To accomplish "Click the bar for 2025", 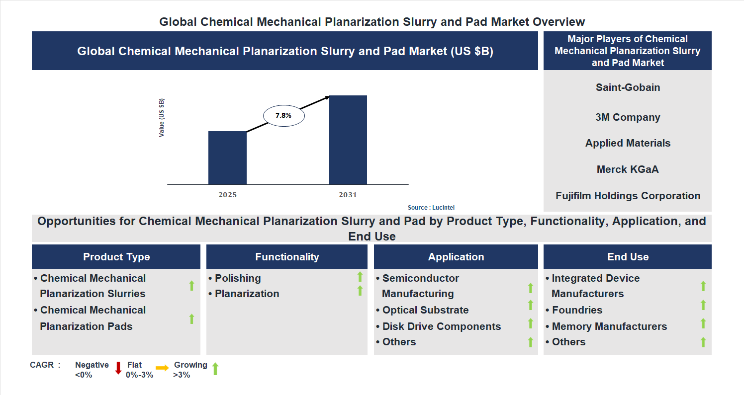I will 227,158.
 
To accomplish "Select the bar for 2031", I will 348,140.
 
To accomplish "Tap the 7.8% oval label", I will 283,115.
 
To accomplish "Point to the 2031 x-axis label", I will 348,195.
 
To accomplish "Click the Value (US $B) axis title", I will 162,118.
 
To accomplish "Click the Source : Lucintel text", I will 431,207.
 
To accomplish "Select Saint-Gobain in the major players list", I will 628,87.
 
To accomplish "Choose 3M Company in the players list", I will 628,117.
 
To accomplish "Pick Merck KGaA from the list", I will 628,169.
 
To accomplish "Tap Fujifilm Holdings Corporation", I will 628,196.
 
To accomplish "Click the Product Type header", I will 116,257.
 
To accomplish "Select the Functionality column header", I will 287,257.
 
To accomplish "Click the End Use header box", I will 628,257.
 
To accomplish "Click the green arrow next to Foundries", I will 703,305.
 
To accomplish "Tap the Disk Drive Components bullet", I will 441,326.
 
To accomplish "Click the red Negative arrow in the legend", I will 118,368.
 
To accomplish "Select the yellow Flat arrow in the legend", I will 162,368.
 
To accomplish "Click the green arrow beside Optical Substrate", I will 530,305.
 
